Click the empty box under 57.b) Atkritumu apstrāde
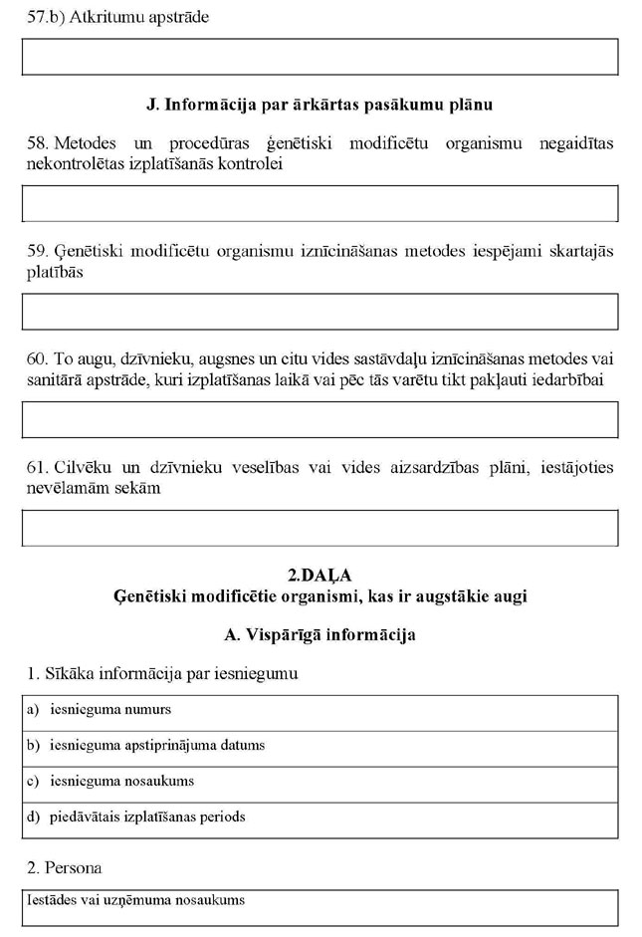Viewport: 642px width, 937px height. (320, 57)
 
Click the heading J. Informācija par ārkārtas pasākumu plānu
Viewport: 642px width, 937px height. (320, 104)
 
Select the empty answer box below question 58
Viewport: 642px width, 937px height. (320, 203)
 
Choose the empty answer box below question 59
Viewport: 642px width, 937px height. (320, 311)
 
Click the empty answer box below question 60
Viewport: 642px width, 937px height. (320, 419)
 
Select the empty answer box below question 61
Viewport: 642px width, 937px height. (320, 528)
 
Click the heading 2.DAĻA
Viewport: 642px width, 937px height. (320, 576)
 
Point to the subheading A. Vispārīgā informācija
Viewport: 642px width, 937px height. (320, 634)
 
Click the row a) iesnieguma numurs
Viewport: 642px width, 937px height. (320, 711)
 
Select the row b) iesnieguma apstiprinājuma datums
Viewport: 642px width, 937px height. (320, 746)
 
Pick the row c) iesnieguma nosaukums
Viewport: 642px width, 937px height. (320, 782)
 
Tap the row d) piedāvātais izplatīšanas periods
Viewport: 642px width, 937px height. (320, 818)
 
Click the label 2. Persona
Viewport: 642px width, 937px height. (65, 867)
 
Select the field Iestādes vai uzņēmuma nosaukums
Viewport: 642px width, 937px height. (320, 907)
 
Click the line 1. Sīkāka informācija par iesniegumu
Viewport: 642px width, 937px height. (163, 674)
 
